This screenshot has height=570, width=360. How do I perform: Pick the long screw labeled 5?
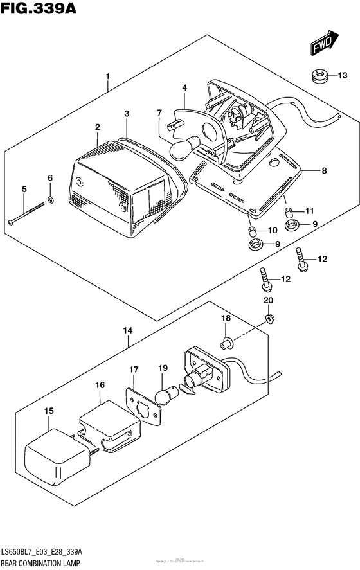pos(28,214)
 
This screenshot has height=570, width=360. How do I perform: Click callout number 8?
pos(324,171)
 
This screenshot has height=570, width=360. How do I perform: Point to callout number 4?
pos(184,87)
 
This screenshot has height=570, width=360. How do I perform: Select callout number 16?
pos(100,385)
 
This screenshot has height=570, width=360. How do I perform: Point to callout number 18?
pos(226,319)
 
